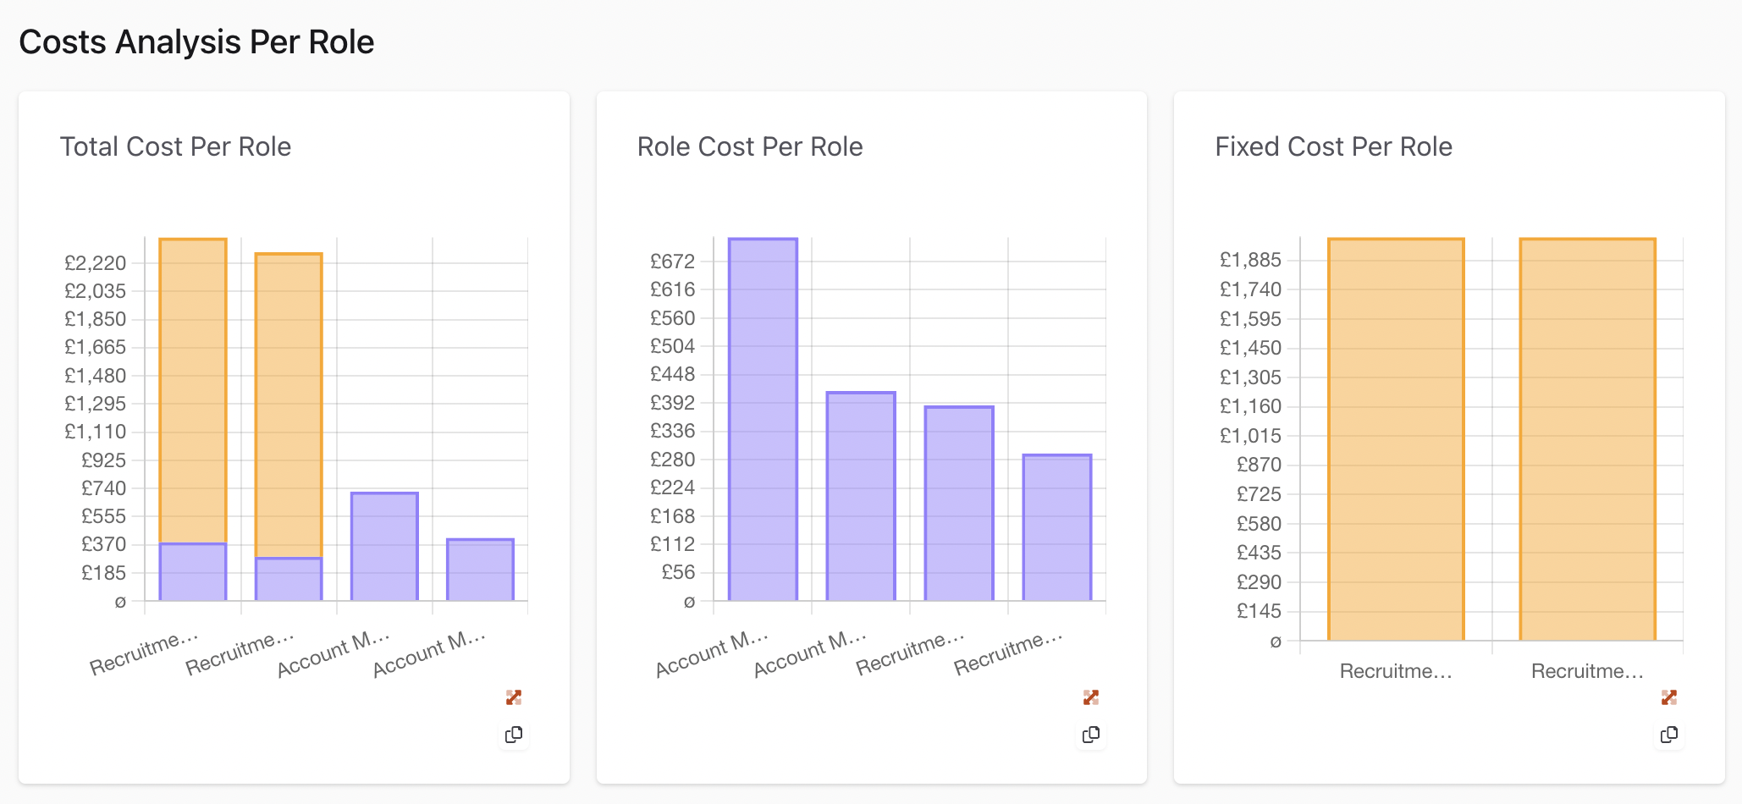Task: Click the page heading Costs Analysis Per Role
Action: (x=196, y=42)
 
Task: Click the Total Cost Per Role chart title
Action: (x=175, y=146)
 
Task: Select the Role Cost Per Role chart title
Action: (x=749, y=146)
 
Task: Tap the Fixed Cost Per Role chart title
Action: (x=1333, y=146)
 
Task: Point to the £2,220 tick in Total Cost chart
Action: (x=95, y=263)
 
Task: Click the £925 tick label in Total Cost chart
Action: (x=103, y=460)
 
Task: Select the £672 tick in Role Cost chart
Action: (x=672, y=262)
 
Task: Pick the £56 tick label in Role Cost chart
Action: (x=678, y=572)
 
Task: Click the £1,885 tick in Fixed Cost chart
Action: (x=1250, y=260)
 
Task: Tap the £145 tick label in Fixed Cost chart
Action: (x=1259, y=611)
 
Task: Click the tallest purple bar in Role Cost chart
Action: (x=763, y=419)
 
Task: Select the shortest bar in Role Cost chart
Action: (x=1056, y=527)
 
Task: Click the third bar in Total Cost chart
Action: (x=384, y=546)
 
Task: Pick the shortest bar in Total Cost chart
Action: (x=480, y=570)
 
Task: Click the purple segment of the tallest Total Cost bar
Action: (x=193, y=571)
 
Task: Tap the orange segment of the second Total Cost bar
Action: (x=289, y=405)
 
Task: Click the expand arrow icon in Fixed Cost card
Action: (x=1668, y=697)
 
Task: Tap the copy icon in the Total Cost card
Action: (x=514, y=735)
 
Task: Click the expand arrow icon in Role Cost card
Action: (x=1091, y=697)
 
